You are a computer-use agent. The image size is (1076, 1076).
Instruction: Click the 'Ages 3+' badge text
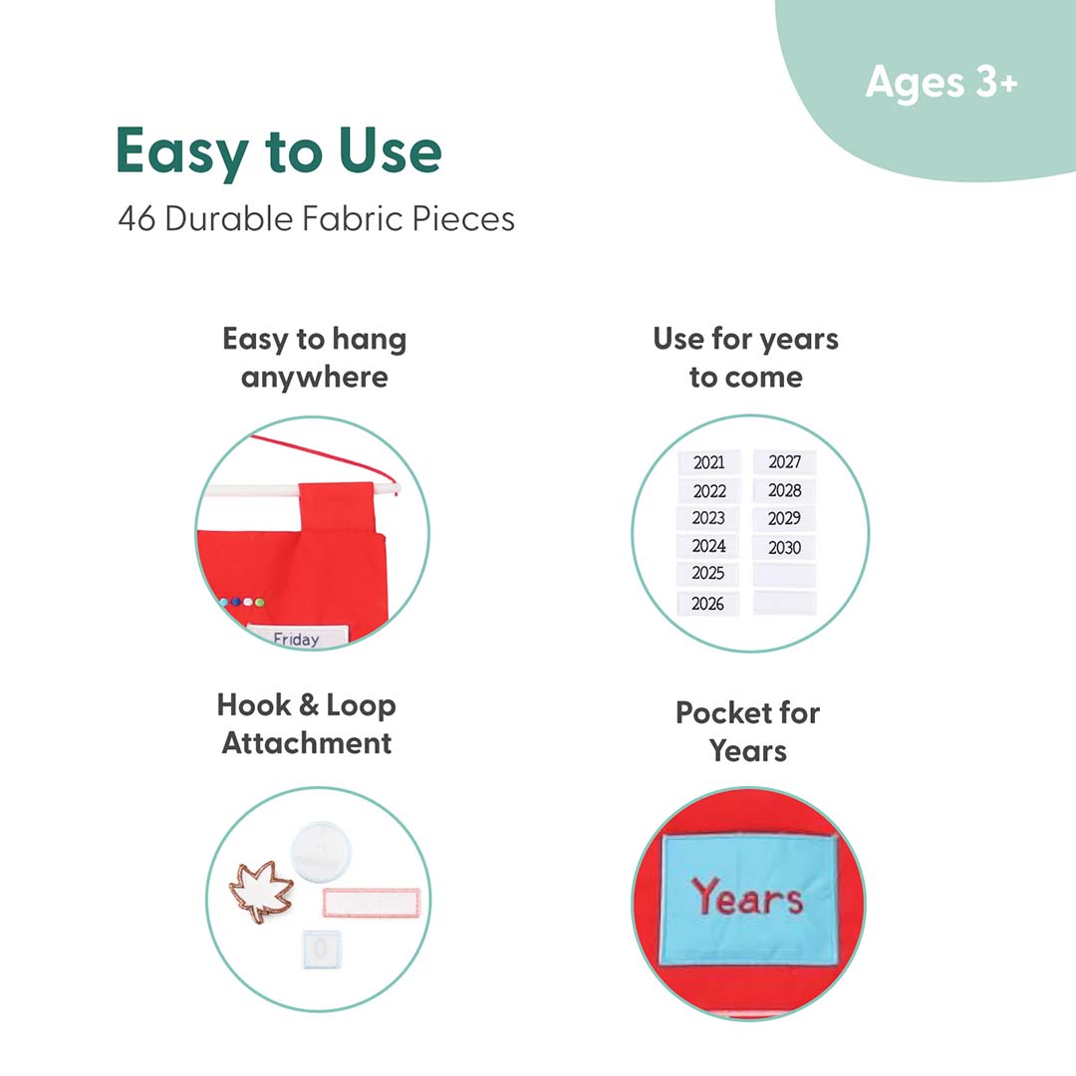pyautogui.click(x=941, y=83)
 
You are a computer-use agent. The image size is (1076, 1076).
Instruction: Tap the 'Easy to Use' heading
pyautogui.click(x=279, y=152)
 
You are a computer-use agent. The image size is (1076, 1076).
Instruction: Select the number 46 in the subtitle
pyautogui.click(x=136, y=219)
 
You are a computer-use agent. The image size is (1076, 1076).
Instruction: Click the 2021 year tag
pyautogui.click(x=709, y=462)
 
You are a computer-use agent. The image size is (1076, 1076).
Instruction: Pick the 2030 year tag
pyautogui.click(x=784, y=547)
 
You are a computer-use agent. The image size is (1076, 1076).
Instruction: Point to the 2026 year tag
pyautogui.click(x=707, y=603)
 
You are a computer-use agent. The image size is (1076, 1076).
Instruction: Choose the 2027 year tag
pyautogui.click(x=784, y=462)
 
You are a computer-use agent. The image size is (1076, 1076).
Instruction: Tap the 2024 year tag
pyautogui.click(x=708, y=546)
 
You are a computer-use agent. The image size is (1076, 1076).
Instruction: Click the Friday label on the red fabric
pyautogui.click(x=297, y=637)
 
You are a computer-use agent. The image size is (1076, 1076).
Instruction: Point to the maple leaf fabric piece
pyautogui.click(x=261, y=891)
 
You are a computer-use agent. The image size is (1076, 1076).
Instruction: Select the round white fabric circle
pyautogui.click(x=321, y=851)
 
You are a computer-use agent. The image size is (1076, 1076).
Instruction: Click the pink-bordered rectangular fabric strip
pyautogui.click(x=372, y=903)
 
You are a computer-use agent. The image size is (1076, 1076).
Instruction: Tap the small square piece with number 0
pyautogui.click(x=321, y=949)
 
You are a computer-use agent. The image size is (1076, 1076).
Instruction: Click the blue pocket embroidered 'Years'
pyautogui.click(x=748, y=899)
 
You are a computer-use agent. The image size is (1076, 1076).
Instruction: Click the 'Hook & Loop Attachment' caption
pyautogui.click(x=307, y=724)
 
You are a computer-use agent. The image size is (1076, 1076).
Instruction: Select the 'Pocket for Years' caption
pyautogui.click(x=748, y=731)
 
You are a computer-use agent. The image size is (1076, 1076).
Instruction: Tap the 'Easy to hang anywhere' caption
pyautogui.click(x=314, y=359)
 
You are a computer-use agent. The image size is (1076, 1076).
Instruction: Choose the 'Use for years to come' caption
pyautogui.click(x=746, y=358)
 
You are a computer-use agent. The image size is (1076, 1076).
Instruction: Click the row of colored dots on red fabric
pyautogui.click(x=242, y=602)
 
